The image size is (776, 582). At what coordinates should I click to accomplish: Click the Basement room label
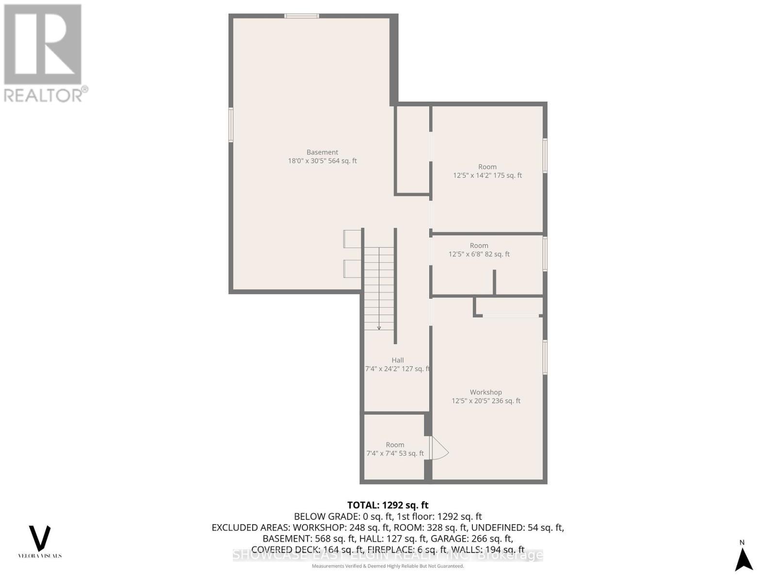tap(322, 152)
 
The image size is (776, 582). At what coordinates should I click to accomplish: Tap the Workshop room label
tap(485, 392)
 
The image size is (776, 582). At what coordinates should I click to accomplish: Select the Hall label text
tap(398, 360)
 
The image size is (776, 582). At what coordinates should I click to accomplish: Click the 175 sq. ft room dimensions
tap(487, 176)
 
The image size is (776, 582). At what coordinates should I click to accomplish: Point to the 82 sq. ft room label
tap(479, 246)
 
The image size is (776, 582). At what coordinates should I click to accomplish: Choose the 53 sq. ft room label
tap(395, 445)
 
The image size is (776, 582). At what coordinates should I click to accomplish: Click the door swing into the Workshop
tap(439, 449)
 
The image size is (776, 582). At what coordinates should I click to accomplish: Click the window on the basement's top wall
tap(302, 16)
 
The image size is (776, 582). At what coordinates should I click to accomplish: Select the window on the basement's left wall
tap(231, 125)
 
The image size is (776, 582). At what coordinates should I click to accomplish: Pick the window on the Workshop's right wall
tap(545, 357)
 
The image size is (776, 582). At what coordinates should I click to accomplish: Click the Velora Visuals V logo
tap(40, 538)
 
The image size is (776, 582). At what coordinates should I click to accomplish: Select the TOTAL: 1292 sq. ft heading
tap(388, 505)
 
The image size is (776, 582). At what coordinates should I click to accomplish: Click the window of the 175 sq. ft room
tap(545, 155)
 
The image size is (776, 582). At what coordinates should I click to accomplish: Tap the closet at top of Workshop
tap(509, 307)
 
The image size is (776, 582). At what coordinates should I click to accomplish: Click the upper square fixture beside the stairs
tap(352, 238)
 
